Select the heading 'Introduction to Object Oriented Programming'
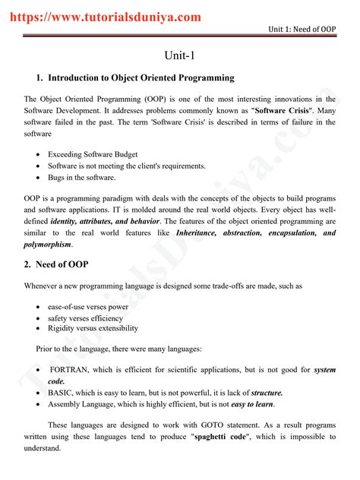click(141, 78)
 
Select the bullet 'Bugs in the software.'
click(82, 178)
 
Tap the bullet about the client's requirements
click(126, 166)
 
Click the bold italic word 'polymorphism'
click(49, 245)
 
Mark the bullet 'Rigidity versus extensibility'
click(93, 329)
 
